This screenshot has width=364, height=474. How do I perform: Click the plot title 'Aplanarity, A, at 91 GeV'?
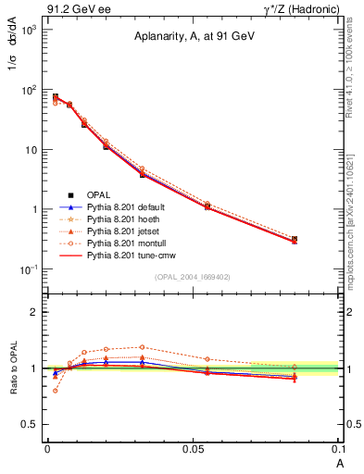[193, 37]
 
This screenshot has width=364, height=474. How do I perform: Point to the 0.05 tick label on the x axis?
[193, 447]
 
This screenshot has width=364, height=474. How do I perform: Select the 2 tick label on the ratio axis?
[34, 312]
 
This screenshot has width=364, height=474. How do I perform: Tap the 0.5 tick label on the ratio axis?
[31, 424]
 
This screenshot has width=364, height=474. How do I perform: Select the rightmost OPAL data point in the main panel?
[295, 239]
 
